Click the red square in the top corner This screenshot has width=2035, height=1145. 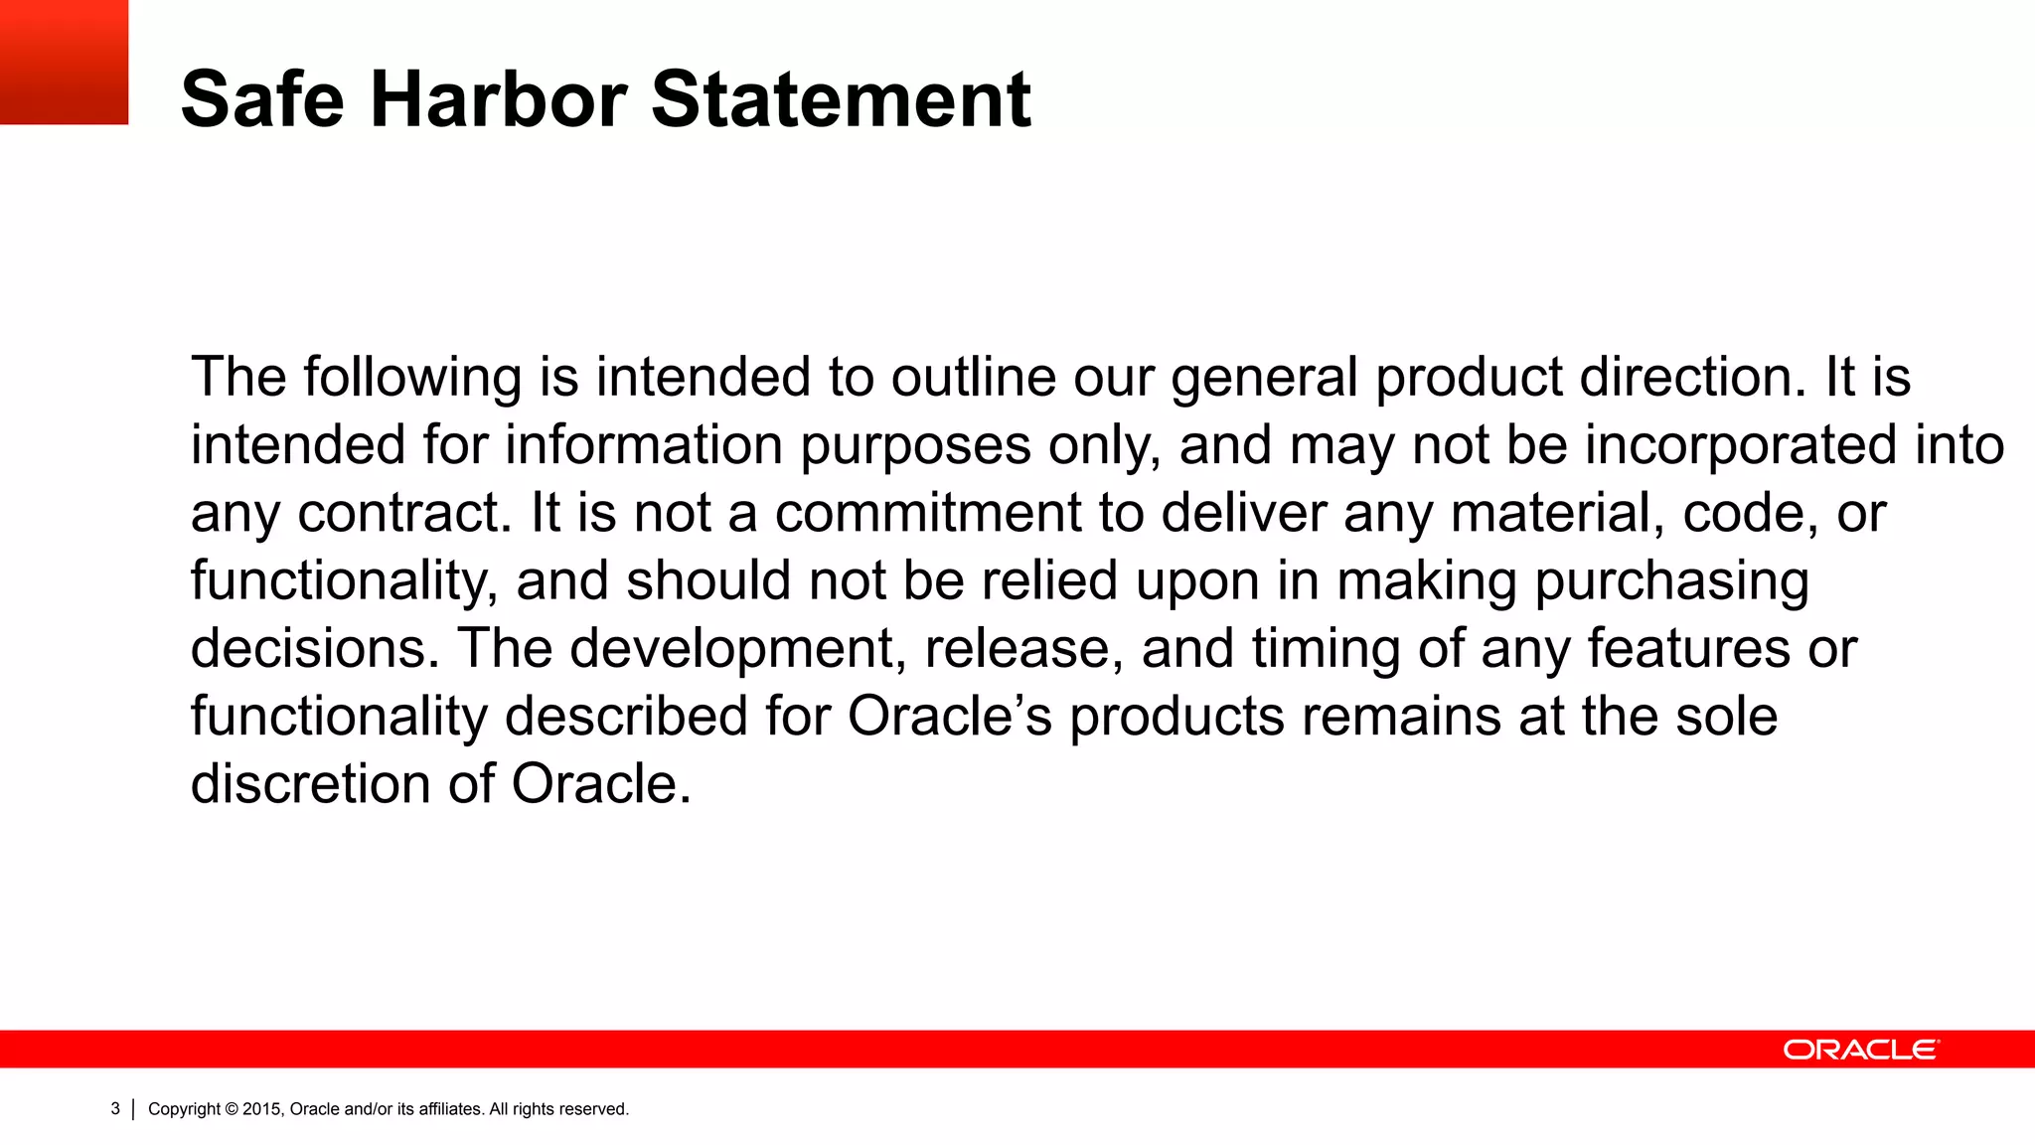[64, 62]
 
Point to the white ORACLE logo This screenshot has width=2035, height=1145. [1860, 1050]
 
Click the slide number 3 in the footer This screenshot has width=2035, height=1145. [115, 1108]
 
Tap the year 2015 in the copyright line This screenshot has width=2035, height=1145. [262, 1109]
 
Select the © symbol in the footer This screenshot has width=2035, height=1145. [233, 1109]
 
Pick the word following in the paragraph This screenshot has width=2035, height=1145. [412, 378]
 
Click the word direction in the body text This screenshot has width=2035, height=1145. [1693, 378]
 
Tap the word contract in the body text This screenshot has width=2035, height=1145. [404, 514]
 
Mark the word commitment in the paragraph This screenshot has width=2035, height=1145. [928, 514]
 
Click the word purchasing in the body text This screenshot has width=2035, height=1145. [1671, 581]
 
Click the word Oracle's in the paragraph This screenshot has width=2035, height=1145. [949, 717]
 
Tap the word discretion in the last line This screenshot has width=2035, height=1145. [310, 784]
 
